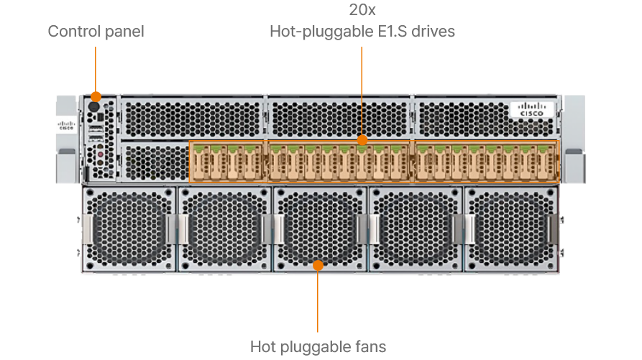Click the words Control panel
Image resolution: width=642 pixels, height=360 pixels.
[x=96, y=32]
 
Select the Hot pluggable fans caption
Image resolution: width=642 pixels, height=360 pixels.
[x=318, y=347]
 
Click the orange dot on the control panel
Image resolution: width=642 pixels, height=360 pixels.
[x=96, y=96]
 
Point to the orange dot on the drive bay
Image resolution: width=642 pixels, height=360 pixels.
[x=362, y=139]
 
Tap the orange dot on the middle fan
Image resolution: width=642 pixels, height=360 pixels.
[x=318, y=265]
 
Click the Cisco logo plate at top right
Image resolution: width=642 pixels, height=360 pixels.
[x=532, y=109]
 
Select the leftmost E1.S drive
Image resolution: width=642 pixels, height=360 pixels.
[x=198, y=162]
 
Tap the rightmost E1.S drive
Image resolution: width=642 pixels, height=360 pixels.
[x=549, y=162]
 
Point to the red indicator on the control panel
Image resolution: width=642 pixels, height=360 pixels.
[x=101, y=154]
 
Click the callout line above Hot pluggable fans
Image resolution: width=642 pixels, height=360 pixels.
[x=318, y=302]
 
